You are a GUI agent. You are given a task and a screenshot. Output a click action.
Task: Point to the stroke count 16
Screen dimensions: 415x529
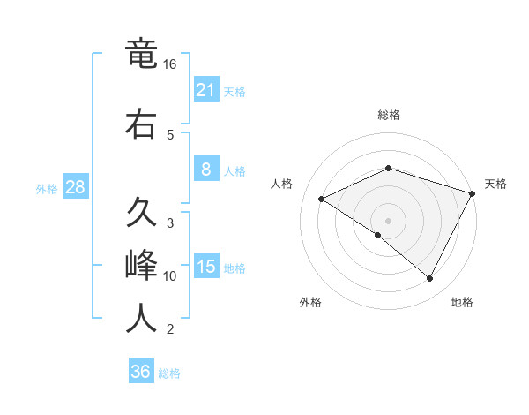[170, 64]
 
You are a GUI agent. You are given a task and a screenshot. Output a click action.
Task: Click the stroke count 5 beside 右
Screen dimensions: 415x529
[170, 135]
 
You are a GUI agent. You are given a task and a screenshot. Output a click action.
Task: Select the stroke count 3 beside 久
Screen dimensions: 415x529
[170, 223]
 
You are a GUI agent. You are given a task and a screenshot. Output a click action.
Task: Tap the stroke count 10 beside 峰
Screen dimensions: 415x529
[170, 276]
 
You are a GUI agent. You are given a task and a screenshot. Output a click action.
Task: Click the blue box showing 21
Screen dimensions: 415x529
[205, 89]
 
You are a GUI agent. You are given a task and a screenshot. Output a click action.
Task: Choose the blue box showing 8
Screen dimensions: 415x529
[205, 169]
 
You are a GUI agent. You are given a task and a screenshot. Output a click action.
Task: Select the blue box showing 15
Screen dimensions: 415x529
[205, 266]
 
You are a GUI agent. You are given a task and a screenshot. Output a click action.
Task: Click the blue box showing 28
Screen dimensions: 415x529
[75, 186]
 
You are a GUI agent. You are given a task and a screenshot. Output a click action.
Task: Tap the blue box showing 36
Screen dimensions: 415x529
[141, 372]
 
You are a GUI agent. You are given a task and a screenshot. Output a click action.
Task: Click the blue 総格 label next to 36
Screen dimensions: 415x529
[169, 373]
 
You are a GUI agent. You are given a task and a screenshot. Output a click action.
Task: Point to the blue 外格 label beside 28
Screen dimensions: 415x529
[47, 188]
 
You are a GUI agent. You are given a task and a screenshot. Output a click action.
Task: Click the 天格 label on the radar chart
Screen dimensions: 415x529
[495, 184]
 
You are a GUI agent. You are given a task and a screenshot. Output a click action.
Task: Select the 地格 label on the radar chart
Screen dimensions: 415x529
[462, 302]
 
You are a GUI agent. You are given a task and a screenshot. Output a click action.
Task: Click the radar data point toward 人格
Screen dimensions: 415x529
[322, 199]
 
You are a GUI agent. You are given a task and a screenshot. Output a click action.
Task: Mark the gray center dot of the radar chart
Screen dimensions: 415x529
[388, 220]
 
